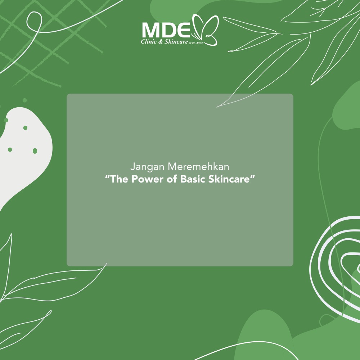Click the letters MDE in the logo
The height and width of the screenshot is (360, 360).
point(166,30)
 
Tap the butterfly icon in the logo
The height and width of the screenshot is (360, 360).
point(205,30)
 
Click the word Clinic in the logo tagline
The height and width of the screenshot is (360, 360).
point(149,41)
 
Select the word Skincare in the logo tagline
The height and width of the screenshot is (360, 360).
point(176,41)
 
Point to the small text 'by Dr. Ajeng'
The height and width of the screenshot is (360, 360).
point(196,43)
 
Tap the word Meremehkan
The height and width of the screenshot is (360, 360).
point(198,166)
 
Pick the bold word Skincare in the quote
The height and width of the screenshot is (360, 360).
point(229,179)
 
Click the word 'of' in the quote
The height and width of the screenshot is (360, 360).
point(172,179)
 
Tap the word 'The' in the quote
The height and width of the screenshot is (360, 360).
point(120,179)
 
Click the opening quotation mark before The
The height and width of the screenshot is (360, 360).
point(107,177)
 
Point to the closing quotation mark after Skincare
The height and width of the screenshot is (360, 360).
point(253,177)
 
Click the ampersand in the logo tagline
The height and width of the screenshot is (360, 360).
point(161,41)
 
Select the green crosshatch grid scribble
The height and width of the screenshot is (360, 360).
point(53,41)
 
